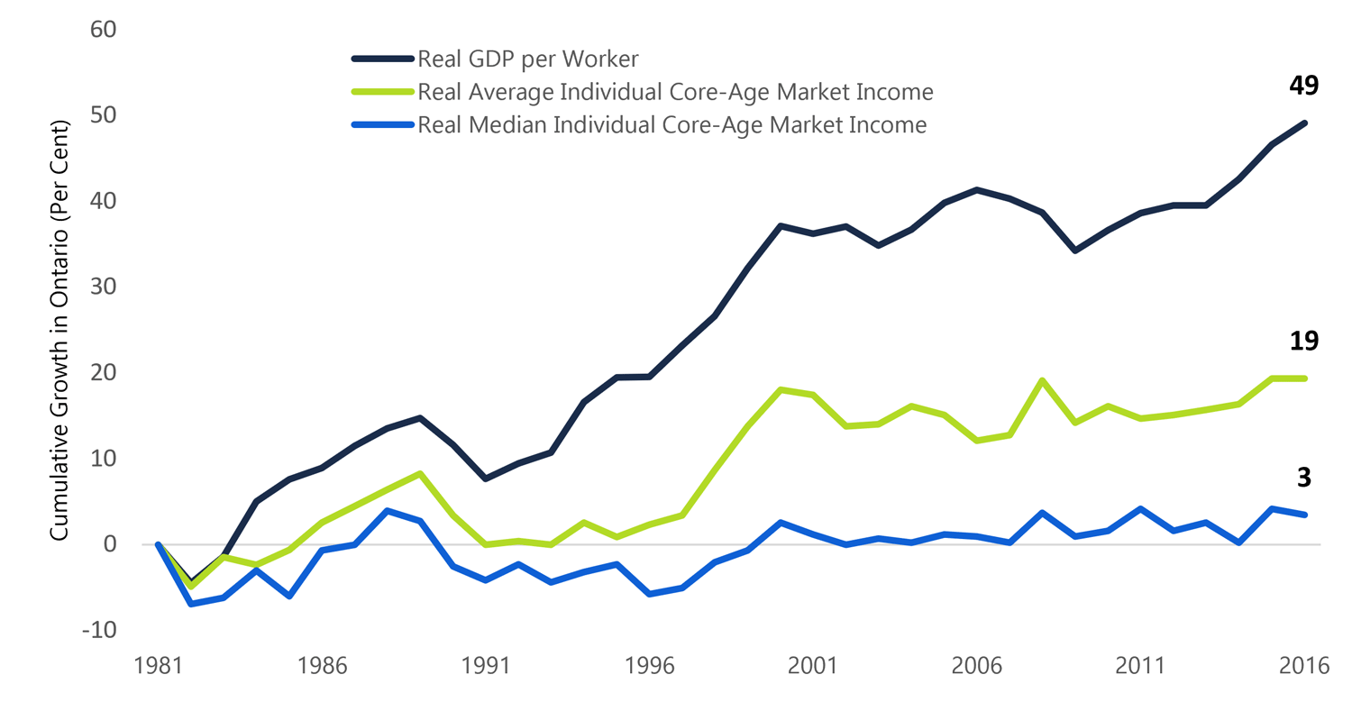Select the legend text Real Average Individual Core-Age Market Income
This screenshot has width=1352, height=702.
click(x=675, y=92)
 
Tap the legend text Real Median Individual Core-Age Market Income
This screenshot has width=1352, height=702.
click(x=671, y=124)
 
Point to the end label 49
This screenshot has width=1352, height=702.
click(x=1303, y=86)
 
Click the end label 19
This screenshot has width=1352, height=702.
click(x=1303, y=341)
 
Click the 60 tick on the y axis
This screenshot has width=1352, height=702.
click(x=104, y=30)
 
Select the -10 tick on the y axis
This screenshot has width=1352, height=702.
click(x=99, y=630)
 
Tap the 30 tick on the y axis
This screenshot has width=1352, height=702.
click(x=104, y=287)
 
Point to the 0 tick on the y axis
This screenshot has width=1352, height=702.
click(x=111, y=544)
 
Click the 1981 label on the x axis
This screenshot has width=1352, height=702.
click(x=158, y=668)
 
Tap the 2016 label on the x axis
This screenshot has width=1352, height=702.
click(x=1303, y=668)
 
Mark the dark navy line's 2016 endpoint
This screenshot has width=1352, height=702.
click(x=1303, y=123)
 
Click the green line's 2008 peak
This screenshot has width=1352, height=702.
click(x=1042, y=380)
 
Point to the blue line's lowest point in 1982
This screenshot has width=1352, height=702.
click(x=191, y=603)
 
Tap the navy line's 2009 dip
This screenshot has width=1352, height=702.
click(x=1074, y=250)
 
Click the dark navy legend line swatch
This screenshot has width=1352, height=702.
click(x=382, y=59)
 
